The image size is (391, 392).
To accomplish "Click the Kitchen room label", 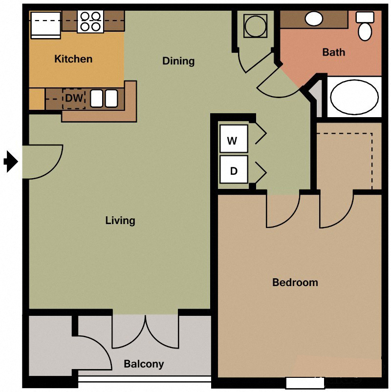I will [73, 59].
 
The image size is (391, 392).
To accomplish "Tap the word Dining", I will [178, 61].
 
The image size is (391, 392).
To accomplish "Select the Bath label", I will [334, 52].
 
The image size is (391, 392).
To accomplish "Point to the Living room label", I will [120, 221].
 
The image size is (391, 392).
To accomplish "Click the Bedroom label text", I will [295, 282].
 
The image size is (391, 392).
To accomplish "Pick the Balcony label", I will [144, 364].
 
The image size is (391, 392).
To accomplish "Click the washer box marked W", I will [233, 141].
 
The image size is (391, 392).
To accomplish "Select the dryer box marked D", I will [233, 171].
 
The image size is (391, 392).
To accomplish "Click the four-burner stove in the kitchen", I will [90, 21].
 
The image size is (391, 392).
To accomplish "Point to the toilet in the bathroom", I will [365, 27].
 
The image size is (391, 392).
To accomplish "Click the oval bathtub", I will [354, 97].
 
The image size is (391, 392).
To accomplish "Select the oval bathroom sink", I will [313, 19].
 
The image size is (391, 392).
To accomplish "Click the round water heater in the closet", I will [255, 26].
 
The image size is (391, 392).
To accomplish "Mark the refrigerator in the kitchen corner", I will [45, 24].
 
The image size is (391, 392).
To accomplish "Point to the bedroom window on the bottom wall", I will [299, 383].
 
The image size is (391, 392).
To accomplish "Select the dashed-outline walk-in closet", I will [348, 156].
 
